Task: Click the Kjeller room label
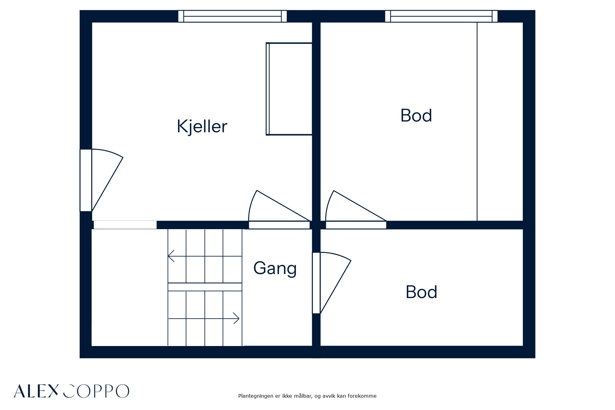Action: pyautogui.click(x=202, y=126)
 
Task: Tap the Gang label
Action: pyautogui.click(x=275, y=268)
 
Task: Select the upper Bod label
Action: pyautogui.click(x=416, y=116)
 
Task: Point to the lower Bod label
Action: pyautogui.click(x=421, y=292)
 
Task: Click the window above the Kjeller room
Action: pyautogui.click(x=232, y=16)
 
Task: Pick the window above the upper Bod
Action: pyautogui.click(x=441, y=16)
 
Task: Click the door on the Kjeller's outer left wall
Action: pyautogui.click(x=101, y=180)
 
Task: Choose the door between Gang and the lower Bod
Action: pyautogui.click(x=331, y=283)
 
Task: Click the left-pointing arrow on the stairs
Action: pyautogui.click(x=205, y=256)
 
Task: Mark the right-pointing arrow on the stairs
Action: pyautogui.click(x=204, y=318)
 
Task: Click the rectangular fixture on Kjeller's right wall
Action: pyautogui.click(x=289, y=89)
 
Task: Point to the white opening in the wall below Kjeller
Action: pyautogui.click(x=125, y=225)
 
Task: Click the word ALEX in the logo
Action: pyautogui.click(x=36, y=391)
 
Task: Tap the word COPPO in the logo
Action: pyautogui.click(x=96, y=391)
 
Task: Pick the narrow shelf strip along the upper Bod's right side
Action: pyautogui.click(x=500, y=121)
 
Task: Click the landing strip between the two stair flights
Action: pyautogui.click(x=205, y=287)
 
